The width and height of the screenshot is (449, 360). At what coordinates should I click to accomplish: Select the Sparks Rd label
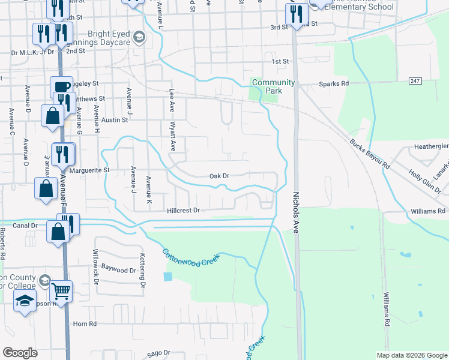pyautogui.click(x=334, y=83)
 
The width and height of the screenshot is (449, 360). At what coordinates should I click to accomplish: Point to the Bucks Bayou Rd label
pyautogui.click(x=370, y=154)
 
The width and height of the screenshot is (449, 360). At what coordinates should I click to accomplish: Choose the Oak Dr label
pyautogui.click(x=219, y=176)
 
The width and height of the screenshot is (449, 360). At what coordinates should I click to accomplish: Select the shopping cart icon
pyautogui.click(x=61, y=292)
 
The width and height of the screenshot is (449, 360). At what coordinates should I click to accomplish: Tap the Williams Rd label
pyautogui.click(x=428, y=211)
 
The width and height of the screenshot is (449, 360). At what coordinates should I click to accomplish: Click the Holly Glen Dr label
pyautogui.click(x=424, y=181)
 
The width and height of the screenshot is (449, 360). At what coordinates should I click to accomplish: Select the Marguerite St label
pyautogui.click(x=89, y=170)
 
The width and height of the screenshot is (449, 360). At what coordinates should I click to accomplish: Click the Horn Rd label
pyautogui.click(x=85, y=324)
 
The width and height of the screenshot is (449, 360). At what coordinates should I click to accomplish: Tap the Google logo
pyautogui.click(x=20, y=353)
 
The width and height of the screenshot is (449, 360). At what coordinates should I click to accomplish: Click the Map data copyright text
pyautogui.click(x=411, y=355)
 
